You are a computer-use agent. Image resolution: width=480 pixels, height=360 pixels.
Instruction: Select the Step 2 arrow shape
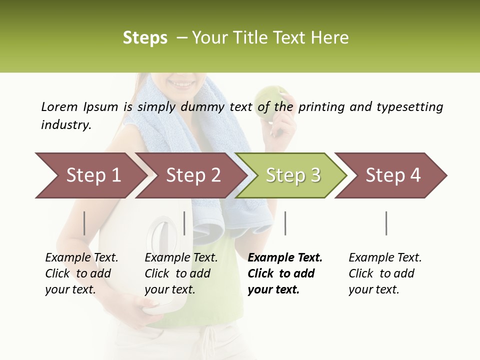click(192, 175)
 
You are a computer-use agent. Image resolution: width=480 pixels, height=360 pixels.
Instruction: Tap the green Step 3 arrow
click(292, 175)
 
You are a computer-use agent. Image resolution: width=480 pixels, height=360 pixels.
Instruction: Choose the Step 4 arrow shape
click(392, 175)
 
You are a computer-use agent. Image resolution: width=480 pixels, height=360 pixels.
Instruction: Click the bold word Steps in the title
click(145, 37)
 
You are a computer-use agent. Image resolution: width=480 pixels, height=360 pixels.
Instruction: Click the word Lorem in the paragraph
click(59, 106)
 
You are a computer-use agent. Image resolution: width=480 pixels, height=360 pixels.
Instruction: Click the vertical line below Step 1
click(84, 223)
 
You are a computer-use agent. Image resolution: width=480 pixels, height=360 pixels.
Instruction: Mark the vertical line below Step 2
click(184, 223)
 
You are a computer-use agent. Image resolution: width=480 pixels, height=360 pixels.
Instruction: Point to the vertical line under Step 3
click(285, 223)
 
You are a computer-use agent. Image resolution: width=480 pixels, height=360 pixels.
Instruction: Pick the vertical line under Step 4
click(386, 223)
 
